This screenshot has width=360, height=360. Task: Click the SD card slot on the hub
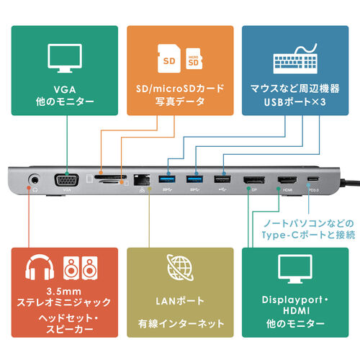113,176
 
